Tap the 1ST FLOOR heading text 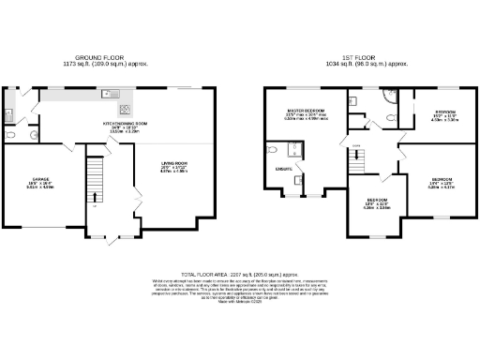click(359, 57)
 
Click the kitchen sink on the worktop click(111, 93)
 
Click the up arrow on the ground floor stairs click(95, 198)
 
